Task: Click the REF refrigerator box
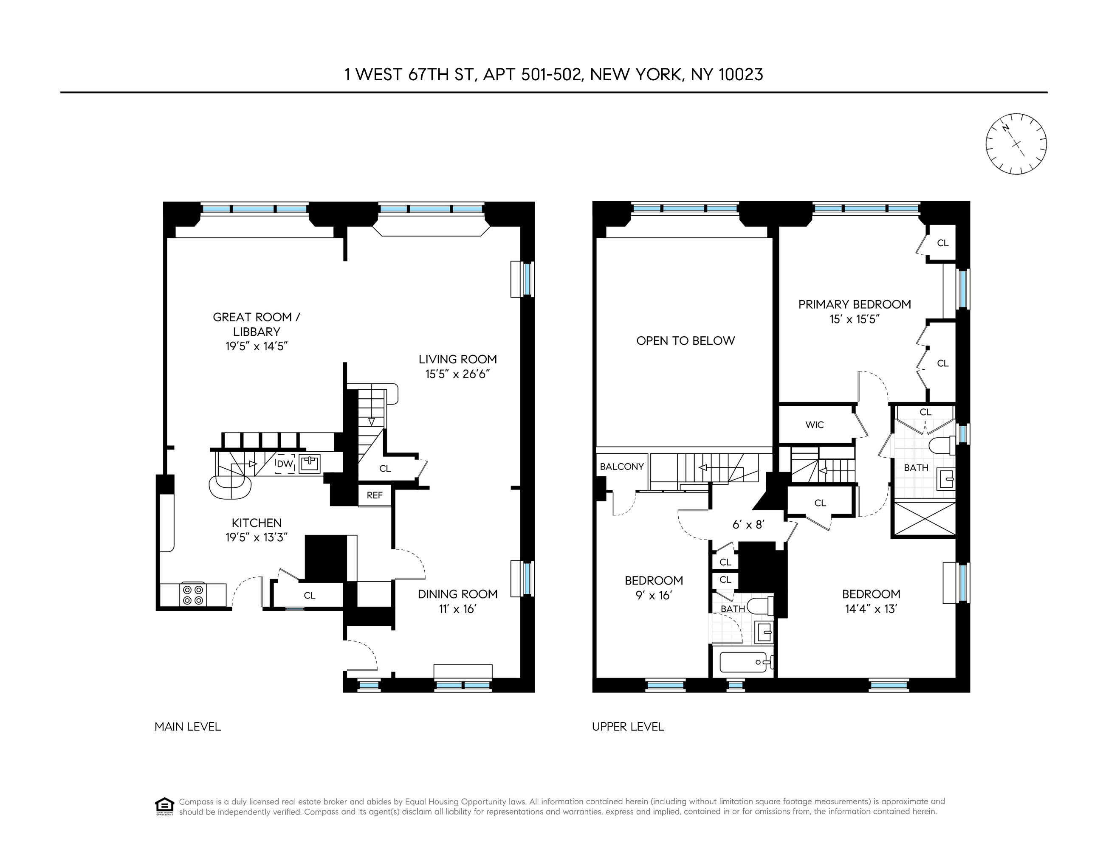point(374,495)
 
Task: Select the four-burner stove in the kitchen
point(193,595)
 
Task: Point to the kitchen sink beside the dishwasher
point(309,463)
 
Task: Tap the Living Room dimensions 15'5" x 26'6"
point(457,374)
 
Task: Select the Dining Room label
point(457,594)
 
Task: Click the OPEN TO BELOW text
point(685,341)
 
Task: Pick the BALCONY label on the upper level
point(622,467)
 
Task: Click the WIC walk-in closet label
point(814,425)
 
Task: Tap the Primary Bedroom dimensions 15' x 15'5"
point(855,319)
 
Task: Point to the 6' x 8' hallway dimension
point(748,524)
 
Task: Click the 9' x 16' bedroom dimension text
point(654,596)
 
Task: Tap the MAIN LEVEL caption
point(187,727)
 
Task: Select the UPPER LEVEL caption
point(628,727)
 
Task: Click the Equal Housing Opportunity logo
point(164,806)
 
